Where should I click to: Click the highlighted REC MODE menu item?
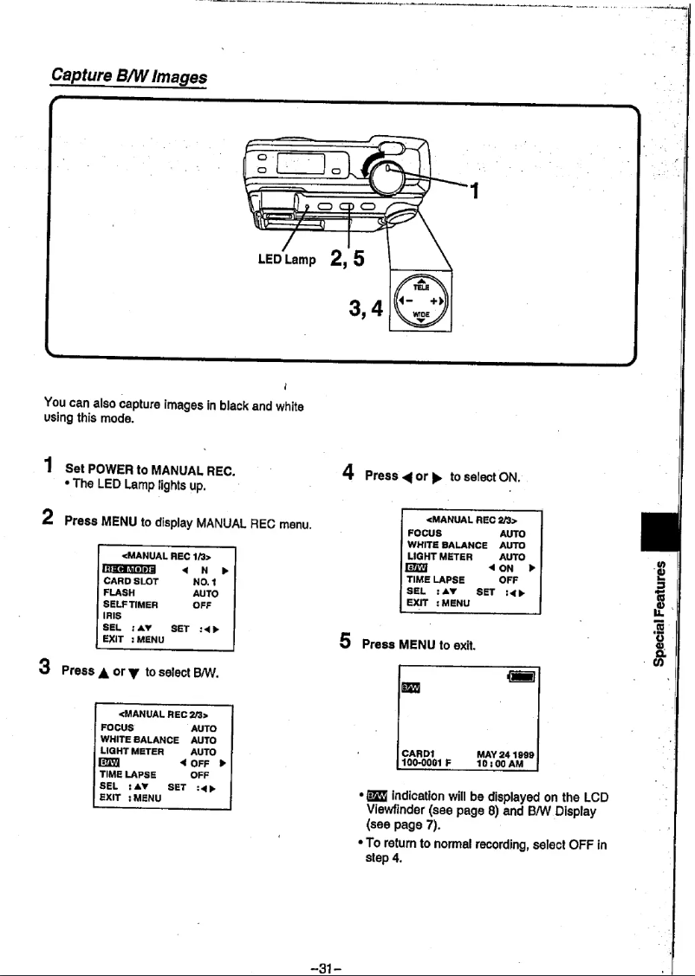128,569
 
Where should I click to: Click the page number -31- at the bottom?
347,963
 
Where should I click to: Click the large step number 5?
345,643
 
